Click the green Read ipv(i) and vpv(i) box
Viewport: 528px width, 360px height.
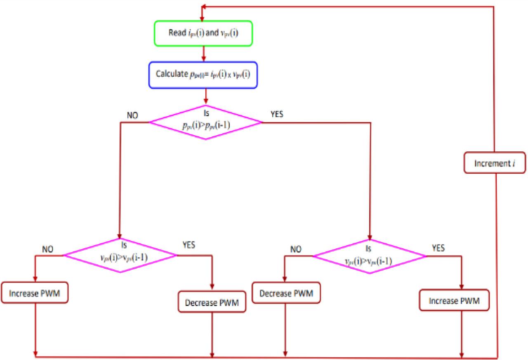click(203, 33)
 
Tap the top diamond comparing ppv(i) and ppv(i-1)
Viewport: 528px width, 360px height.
click(205, 122)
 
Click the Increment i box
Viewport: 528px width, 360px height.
click(494, 164)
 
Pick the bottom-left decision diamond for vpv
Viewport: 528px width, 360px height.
click(120, 255)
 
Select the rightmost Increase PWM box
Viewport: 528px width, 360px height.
click(454, 301)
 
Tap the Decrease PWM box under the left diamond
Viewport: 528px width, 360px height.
click(212, 303)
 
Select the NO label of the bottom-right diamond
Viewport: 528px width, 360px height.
click(296, 249)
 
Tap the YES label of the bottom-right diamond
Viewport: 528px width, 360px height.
click(438, 248)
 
